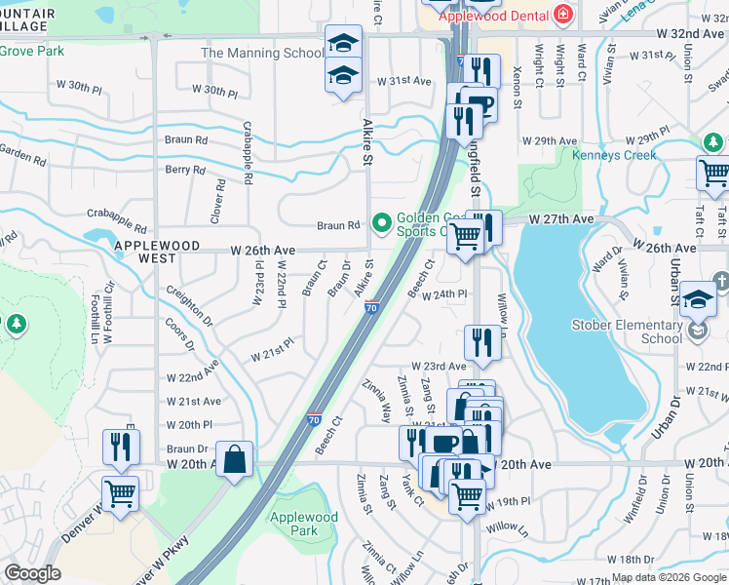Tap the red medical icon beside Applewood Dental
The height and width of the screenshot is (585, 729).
pos(561,15)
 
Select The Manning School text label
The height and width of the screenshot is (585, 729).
pos(262,53)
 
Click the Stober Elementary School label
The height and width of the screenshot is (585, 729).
pos(634,331)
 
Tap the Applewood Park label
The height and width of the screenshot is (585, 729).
pos(304,525)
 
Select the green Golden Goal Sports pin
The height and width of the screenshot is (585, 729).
pos(381,221)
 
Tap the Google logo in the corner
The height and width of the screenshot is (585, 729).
pos(33,573)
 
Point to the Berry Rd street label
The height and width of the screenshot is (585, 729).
pos(185,170)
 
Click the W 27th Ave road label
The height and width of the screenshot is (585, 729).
pos(561,220)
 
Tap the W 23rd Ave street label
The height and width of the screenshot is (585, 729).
pos(439,367)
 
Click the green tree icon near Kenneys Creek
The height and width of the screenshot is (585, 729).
pos(712,143)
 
